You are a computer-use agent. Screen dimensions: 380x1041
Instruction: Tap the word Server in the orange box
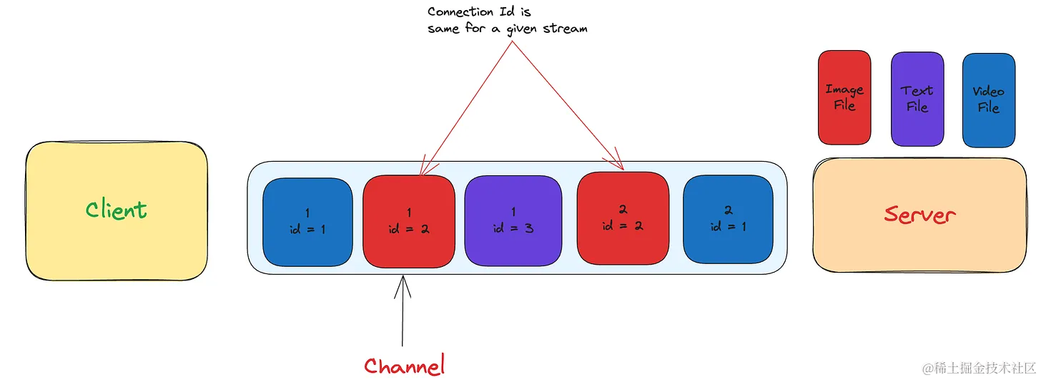(x=919, y=214)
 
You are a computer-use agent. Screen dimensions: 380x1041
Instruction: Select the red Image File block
(x=844, y=97)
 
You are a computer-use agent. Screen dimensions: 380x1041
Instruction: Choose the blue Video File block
(x=988, y=99)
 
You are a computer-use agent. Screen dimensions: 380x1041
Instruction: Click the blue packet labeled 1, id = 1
(x=307, y=221)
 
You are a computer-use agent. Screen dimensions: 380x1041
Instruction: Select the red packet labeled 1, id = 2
(x=408, y=221)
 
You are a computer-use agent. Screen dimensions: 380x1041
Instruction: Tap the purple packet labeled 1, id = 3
(x=513, y=221)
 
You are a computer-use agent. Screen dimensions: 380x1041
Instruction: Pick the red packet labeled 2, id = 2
(x=622, y=218)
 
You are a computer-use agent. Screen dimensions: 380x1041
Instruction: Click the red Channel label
(x=404, y=366)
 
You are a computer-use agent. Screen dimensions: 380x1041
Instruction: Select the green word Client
(x=117, y=210)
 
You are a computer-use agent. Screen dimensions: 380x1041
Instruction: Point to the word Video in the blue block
(x=988, y=92)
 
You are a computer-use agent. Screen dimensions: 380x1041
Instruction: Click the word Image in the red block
(x=844, y=89)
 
